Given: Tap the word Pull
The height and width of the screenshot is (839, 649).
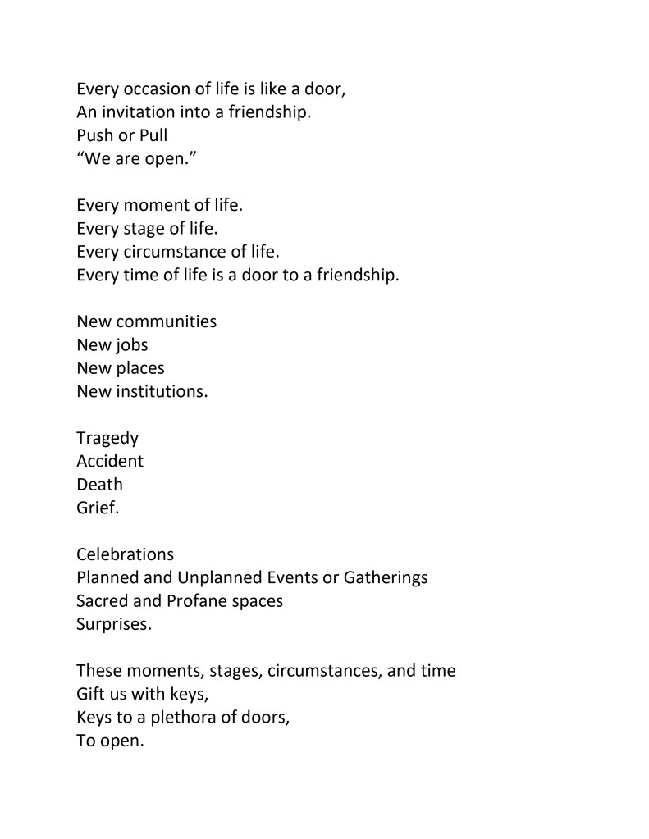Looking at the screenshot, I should click(x=152, y=135).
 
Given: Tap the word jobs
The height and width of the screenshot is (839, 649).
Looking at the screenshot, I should click(x=130, y=344).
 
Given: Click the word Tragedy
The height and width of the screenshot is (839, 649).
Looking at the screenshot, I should click(x=107, y=439).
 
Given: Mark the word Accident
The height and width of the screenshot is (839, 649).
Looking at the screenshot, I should click(x=110, y=461).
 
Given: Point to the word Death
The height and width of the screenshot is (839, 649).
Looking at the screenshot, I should click(x=99, y=484).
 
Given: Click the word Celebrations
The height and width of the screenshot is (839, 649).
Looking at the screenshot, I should click(x=125, y=554).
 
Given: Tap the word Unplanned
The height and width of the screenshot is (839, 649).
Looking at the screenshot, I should click(x=213, y=577).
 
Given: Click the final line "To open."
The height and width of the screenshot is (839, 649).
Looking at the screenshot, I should click(x=110, y=741).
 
